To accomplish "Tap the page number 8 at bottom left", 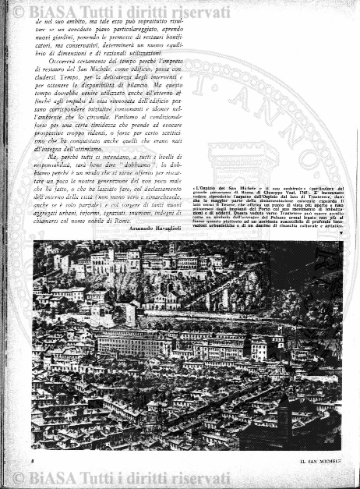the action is point(35,462).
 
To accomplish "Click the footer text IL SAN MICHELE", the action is point(299,462).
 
